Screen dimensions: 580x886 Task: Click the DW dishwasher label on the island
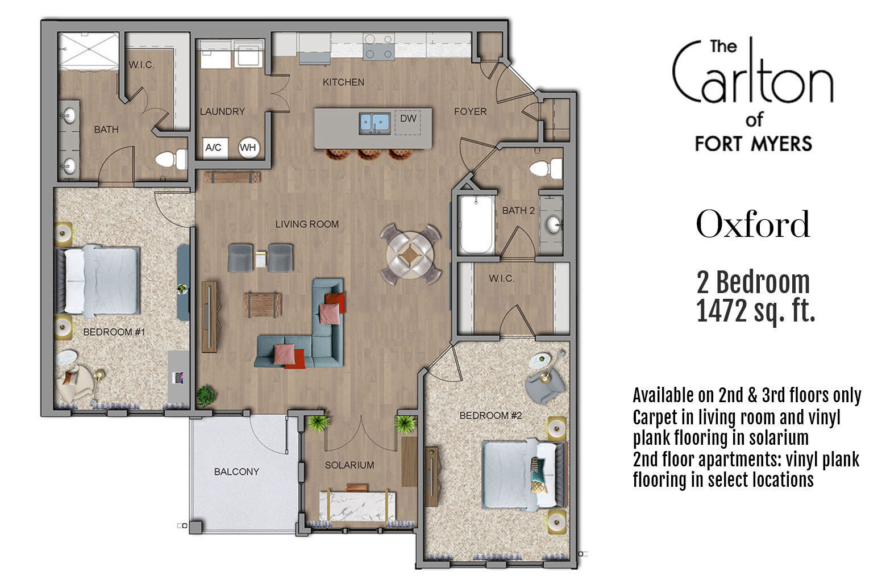point(408,119)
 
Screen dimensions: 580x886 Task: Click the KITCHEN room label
point(343,82)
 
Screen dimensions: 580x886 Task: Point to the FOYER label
point(470,112)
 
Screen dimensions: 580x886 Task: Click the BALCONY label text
point(236,471)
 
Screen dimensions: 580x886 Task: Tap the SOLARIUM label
point(350,465)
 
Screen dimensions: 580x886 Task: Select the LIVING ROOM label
point(307,224)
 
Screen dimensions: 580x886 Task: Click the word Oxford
point(752,224)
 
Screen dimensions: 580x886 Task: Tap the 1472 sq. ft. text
point(755,312)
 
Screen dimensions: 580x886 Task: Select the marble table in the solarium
point(353,504)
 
